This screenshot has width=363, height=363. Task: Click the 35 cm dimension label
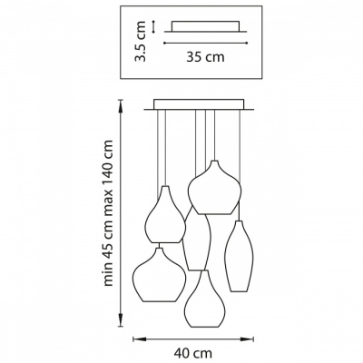[x=205, y=57]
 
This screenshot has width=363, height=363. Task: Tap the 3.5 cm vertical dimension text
[x=140, y=41]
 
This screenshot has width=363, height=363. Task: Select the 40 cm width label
[x=193, y=353]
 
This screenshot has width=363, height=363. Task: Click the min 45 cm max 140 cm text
[x=108, y=213]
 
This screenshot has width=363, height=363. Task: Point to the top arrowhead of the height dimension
[x=121, y=105]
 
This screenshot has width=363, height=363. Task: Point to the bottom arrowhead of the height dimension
[x=121, y=320]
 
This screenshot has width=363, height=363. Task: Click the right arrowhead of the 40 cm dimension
[x=248, y=339]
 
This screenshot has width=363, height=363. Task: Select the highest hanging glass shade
[x=214, y=188]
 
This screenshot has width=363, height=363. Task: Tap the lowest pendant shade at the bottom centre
[x=206, y=299]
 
